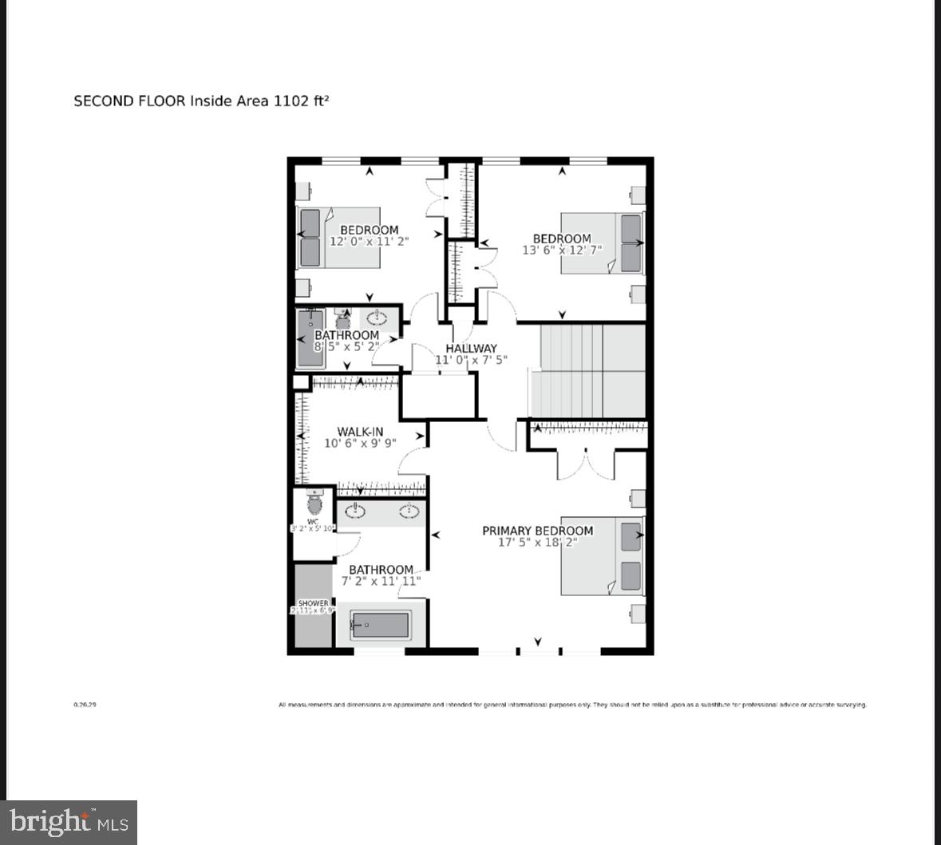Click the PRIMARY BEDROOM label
point(537,531)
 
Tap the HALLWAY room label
point(471,349)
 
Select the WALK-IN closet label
point(360,432)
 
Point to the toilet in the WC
point(314,503)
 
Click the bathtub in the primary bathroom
point(381,625)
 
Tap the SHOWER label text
point(313,603)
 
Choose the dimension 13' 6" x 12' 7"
point(562,250)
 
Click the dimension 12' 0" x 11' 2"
point(369,242)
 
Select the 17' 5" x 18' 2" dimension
point(537,543)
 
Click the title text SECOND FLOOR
point(129,101)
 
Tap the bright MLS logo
point(69,822)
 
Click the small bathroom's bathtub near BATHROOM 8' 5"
point(306,338)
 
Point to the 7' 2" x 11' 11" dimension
point(381,582)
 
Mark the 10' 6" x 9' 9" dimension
point(360,444)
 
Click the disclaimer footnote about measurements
point(571,705)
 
